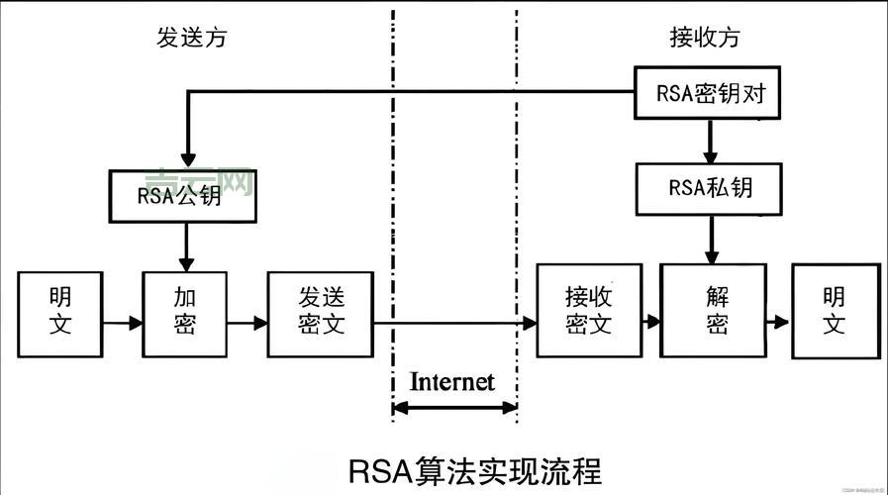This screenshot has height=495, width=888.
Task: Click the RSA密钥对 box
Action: (710, 94)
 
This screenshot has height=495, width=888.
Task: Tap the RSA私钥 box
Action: (710, 188)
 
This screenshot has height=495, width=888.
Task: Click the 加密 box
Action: (185, 310)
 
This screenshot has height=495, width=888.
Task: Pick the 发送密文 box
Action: (320, 312)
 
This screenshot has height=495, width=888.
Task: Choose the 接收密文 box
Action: (589, 310)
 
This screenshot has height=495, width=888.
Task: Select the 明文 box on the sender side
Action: (60, 310)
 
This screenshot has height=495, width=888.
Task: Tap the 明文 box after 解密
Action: (835, 310)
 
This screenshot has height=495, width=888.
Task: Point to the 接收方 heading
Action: (705, 38)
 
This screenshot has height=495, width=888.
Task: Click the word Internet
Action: (451, 381)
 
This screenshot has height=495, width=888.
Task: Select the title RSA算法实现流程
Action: (475, 470)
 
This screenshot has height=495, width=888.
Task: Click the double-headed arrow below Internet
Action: (454, 408)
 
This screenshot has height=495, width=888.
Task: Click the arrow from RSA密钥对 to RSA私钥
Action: (710, 142)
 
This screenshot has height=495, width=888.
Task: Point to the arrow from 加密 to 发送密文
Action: (247, 323)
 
